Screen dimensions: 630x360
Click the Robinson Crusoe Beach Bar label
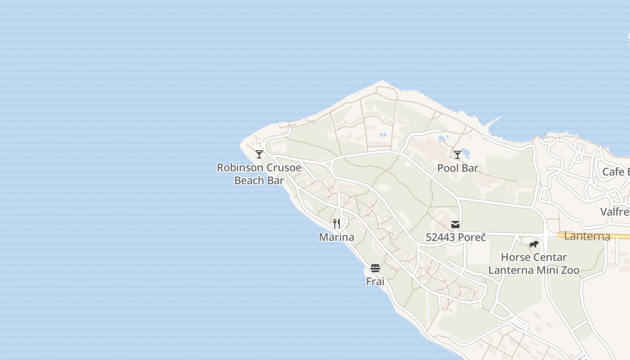(259, 174)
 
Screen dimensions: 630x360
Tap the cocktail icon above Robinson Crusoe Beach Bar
(259, 154)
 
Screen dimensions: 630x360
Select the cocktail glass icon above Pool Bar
(457, 155)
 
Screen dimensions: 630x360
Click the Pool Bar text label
(458, 168)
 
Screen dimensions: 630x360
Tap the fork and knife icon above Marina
(336, 223)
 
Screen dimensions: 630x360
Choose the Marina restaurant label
(336, 237)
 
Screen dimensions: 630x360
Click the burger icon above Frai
(375, 268)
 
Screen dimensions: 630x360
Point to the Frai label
(375, 282)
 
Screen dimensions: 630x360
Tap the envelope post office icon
(455, 224)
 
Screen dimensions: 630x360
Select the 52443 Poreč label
(455, 237)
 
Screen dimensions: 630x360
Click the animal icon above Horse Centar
(534, 244)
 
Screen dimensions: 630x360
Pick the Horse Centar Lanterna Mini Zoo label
(534, 264)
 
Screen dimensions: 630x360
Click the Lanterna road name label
(587, 236)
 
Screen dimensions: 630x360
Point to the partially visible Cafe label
(615, 171)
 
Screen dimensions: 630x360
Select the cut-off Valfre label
(615, 211)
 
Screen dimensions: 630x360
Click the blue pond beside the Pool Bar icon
(466, 153)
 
